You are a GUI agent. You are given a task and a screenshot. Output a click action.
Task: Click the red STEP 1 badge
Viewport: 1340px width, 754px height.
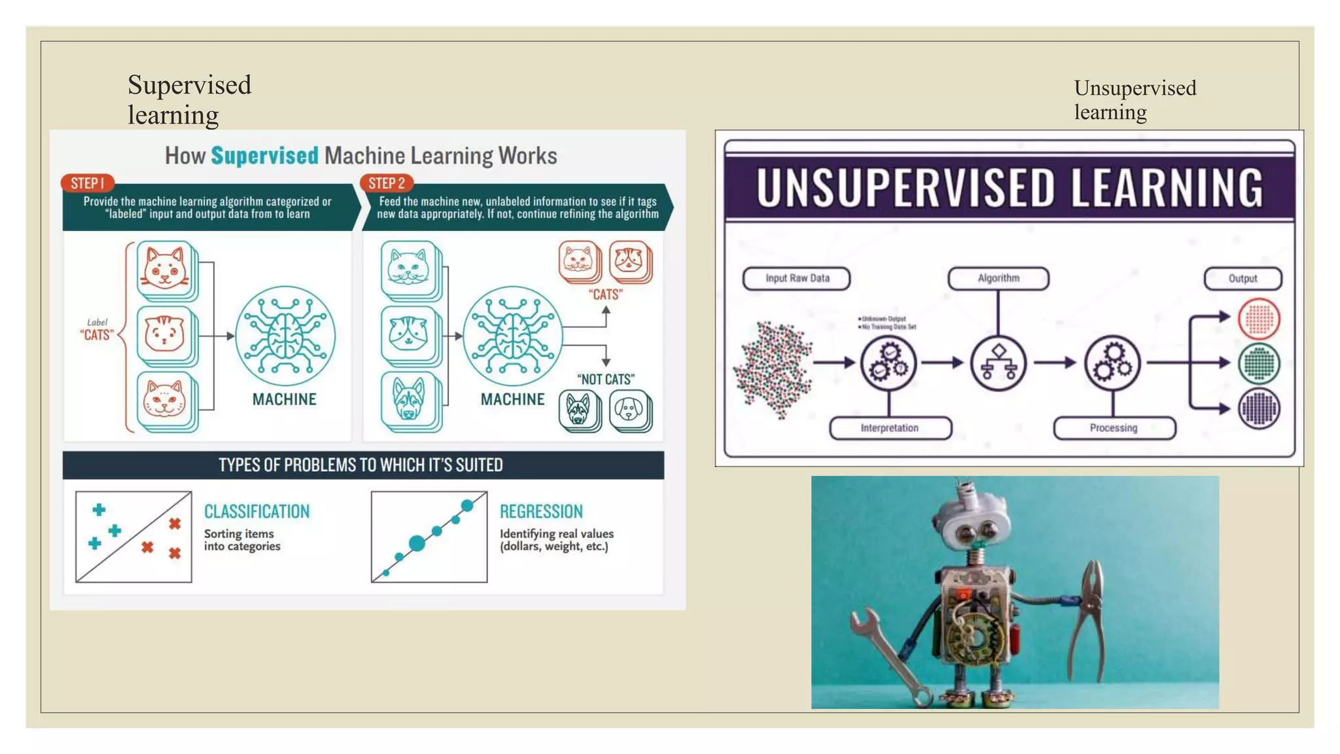(87, 183)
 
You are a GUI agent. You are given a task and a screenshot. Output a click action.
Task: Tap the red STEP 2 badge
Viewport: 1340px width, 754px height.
(386, 183)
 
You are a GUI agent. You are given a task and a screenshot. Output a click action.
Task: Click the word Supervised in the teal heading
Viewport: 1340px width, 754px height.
(264, 156)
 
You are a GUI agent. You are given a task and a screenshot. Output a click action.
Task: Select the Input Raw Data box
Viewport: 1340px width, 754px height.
(796, 278)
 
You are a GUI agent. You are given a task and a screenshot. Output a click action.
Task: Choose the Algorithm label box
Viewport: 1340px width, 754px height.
(998, 278)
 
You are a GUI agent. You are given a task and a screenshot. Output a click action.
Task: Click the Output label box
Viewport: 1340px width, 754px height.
(1243, 278)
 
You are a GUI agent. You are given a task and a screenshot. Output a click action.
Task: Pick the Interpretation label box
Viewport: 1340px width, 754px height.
(889, 428)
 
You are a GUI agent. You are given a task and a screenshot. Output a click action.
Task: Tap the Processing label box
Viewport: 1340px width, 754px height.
(1114, 428)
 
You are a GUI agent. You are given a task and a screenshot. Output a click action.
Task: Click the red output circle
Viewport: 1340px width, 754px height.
(1259, 319)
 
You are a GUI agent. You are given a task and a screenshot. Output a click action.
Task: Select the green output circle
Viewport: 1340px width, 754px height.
(1259, 363)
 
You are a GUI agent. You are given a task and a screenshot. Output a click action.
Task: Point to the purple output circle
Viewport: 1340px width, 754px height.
(1259, 408)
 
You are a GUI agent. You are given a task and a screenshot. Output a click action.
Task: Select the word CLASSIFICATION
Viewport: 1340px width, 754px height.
(256, 511)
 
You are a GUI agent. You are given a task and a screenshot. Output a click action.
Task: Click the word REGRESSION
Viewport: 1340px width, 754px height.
(541, 511)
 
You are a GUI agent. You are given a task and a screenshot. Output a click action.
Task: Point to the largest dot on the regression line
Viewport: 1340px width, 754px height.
(417, 543)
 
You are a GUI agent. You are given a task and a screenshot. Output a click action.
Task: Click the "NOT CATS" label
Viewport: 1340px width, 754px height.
(605, 380)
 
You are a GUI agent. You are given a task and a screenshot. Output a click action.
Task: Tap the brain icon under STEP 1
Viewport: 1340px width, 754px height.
(285, 336)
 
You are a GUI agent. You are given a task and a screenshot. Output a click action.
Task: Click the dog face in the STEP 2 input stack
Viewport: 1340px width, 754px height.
(409, 399)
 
